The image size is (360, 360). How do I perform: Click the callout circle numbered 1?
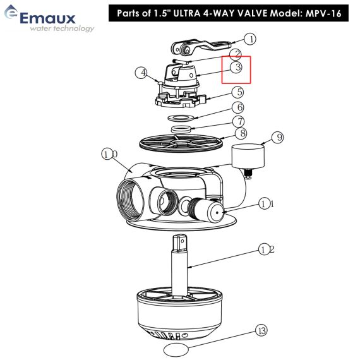[250, 39]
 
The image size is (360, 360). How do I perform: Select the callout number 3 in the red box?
[236, 68]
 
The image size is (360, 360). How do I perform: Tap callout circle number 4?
[141, 73]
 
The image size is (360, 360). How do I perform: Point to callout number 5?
[238, 92]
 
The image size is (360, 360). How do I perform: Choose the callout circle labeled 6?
[238, 107]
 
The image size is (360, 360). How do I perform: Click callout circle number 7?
[239, 121]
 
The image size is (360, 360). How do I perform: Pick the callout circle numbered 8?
[241, 133]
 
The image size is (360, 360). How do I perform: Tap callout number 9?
[277, 137]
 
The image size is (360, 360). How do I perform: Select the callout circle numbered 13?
[261, 331]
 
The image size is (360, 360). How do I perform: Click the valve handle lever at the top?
[201, 47]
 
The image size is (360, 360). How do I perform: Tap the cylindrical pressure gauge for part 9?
[248, 155]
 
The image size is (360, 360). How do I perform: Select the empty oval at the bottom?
[176, 349]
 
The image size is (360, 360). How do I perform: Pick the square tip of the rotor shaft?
[180, 243]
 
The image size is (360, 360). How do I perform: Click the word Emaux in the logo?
[48, 18]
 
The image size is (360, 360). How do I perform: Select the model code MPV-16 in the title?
[323, 13]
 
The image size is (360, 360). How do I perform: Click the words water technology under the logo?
[62, 28]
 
